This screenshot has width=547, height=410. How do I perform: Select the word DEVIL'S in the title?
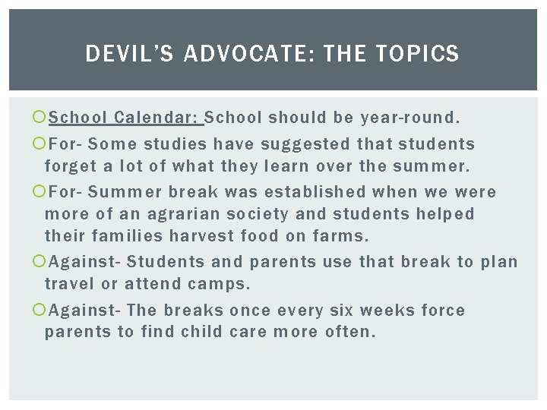[x=129, y=53]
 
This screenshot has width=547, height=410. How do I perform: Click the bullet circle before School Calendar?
[x=39, y=117]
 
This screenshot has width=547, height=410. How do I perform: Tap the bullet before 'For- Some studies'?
[x=39, y=143]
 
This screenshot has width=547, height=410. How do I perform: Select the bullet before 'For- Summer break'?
[x=39, y=191]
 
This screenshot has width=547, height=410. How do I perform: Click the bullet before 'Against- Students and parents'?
[x=39, y=261]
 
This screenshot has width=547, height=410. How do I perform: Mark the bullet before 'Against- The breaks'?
[x=39, y=309]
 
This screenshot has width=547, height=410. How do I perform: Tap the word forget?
[x=71, y=166]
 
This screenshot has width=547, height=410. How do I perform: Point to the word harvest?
[x=201, y=236]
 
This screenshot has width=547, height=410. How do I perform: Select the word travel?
[x=69, y=284]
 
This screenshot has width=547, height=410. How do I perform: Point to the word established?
[x=315, y=192]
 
